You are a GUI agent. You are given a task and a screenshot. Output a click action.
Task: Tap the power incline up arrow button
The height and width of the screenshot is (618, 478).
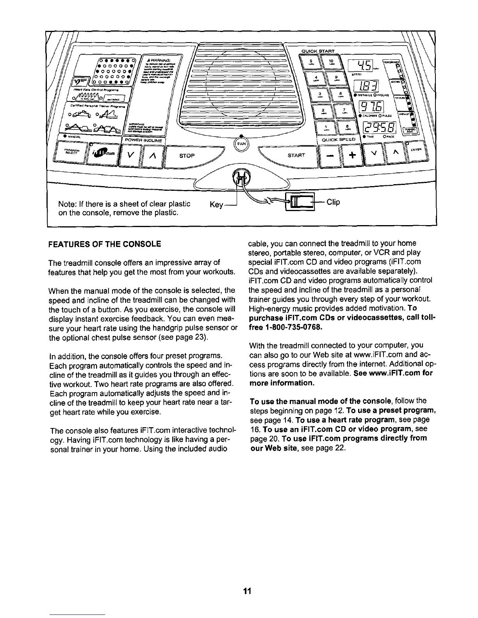click(x=151, y=156)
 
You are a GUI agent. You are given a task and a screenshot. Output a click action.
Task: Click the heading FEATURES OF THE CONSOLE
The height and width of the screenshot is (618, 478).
click(x=104, y=244)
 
